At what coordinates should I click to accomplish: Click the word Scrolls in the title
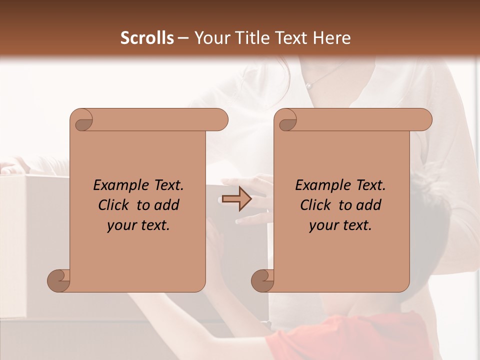147,37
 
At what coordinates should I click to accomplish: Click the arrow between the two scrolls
237,199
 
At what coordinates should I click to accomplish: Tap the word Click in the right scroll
316,205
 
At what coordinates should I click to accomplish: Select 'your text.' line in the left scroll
138,225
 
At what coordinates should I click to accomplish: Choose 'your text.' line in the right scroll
340,225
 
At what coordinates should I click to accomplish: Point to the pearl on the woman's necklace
308,86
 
